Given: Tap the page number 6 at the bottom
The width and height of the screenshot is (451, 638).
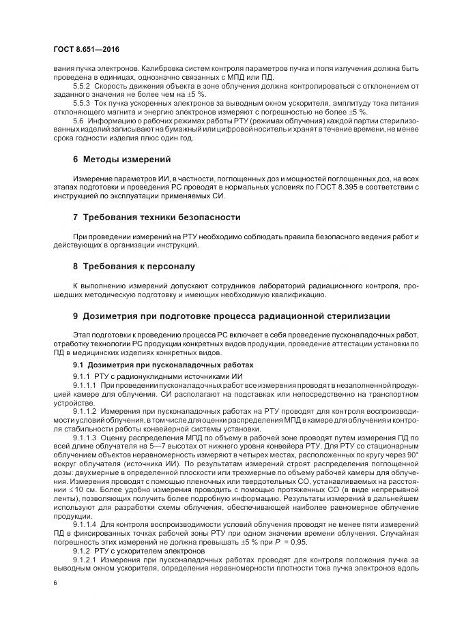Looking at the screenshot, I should click(55, 583).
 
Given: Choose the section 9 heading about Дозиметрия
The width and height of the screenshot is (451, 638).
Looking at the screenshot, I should click(231, 316).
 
